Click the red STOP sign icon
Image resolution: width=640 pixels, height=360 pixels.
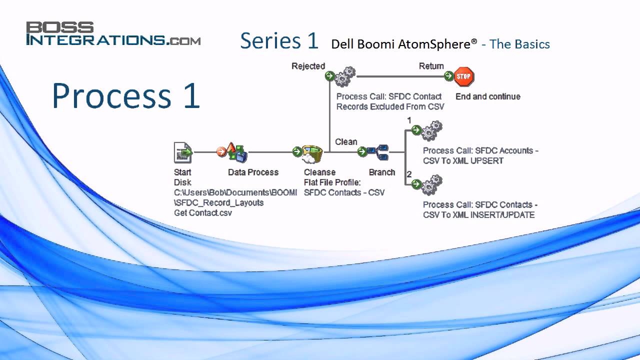463,77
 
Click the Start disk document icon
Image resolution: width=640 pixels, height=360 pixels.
183,152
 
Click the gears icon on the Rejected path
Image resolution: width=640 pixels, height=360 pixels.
344,77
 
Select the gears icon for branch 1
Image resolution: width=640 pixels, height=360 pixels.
431,130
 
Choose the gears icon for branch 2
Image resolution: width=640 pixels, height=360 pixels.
431,184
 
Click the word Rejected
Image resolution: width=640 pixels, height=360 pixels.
308,66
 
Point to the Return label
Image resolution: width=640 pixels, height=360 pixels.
431,66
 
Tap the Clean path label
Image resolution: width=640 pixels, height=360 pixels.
346,142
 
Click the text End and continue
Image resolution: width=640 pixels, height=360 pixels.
487,96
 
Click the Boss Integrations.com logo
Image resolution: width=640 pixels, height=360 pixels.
113,34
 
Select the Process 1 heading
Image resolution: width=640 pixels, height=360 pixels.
126,96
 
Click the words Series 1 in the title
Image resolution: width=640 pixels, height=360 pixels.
279,41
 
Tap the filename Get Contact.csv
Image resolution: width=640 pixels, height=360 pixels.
203,213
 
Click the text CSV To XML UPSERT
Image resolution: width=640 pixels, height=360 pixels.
463,161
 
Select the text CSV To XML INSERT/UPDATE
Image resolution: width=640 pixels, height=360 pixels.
478,215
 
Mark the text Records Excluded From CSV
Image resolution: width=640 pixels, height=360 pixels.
390,106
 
